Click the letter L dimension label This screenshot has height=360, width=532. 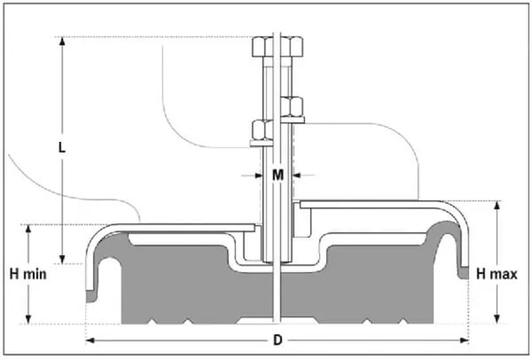coord(62,147)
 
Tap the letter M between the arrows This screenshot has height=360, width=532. coord(278,176)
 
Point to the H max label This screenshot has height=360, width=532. coord(497,274)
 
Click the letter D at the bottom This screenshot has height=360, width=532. coord(277,340)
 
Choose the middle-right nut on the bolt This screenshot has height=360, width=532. coord(292,105)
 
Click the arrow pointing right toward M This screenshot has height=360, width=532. coord(257,176)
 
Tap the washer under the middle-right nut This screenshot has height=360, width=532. coord(292,118)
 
